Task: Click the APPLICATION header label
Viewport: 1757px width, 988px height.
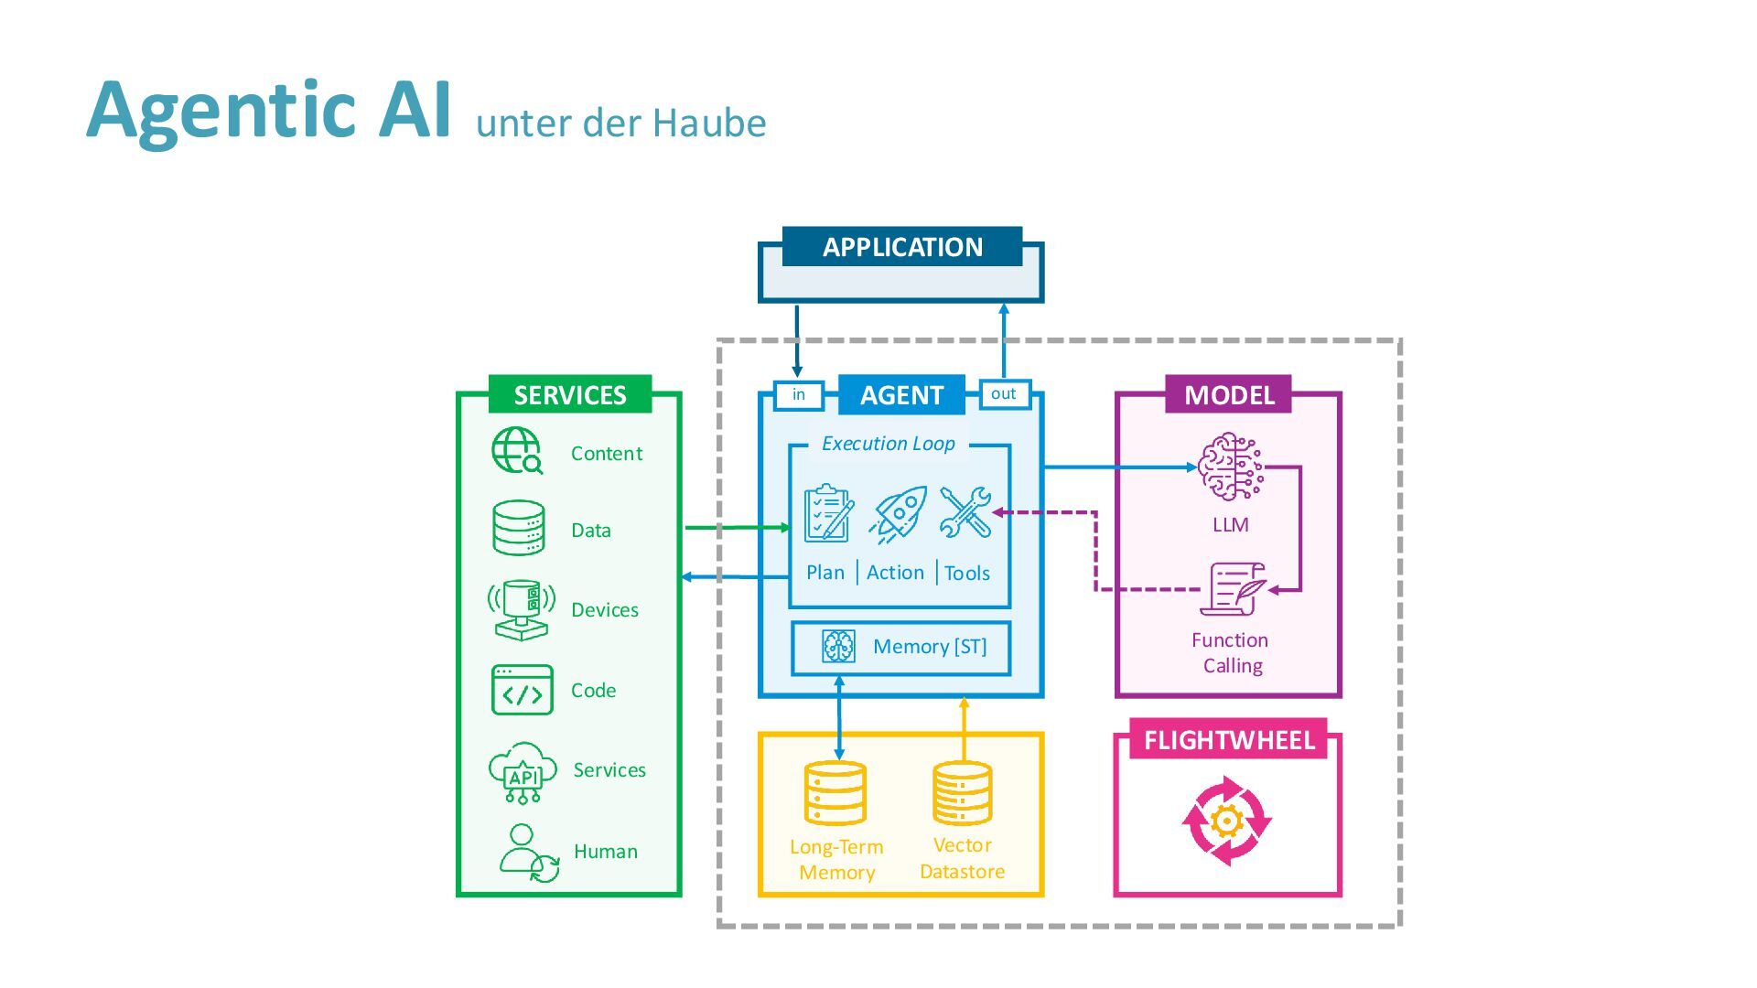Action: [902, 247]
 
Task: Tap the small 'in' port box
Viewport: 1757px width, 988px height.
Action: [798, 394]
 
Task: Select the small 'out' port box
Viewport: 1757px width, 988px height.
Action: [1004, 393]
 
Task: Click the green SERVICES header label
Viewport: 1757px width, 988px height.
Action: [569, 394]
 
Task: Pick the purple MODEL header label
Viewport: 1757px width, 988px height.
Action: [1228, 394]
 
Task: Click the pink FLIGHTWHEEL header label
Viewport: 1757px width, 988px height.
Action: [1229, 739]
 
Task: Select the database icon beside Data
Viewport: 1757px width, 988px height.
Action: [519, 528]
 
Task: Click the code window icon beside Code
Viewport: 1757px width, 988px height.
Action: [522, 690]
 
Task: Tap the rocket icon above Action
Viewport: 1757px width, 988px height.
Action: [899, 514]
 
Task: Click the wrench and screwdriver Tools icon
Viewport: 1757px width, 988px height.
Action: [965, 512]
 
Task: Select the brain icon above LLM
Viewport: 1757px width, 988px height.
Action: [1230, 467]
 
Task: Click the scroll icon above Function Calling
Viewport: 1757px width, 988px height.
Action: [1233, 589]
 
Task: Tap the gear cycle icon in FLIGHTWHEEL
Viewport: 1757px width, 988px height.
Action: [1226, 821]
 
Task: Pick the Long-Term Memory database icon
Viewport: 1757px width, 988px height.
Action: [835, 793]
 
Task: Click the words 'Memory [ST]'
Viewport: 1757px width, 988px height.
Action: [930, 647]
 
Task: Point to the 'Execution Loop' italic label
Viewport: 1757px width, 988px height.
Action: [888, 444]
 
